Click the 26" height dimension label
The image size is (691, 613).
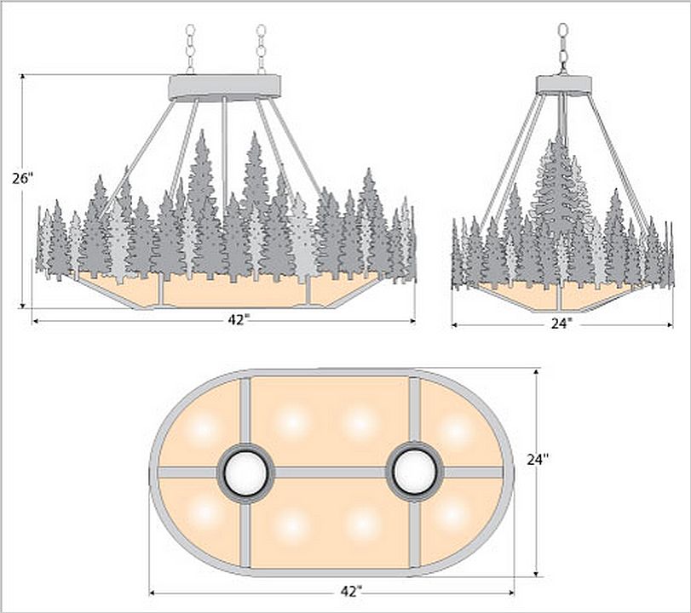(23, 179)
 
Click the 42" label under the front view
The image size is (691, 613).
(239, 320)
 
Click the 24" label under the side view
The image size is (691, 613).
(561, 324)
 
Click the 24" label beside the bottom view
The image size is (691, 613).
(538, 459)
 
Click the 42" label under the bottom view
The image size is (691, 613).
(351, 592)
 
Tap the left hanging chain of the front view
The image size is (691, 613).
(190, 49)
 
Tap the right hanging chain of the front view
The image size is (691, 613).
(261, 49)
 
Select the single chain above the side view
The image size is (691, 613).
(563, 49)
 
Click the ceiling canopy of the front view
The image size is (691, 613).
(225, 87)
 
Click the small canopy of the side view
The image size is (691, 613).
(564, 84)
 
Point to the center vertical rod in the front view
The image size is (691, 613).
(225, 158)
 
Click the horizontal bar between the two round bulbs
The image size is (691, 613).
(330, 473)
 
